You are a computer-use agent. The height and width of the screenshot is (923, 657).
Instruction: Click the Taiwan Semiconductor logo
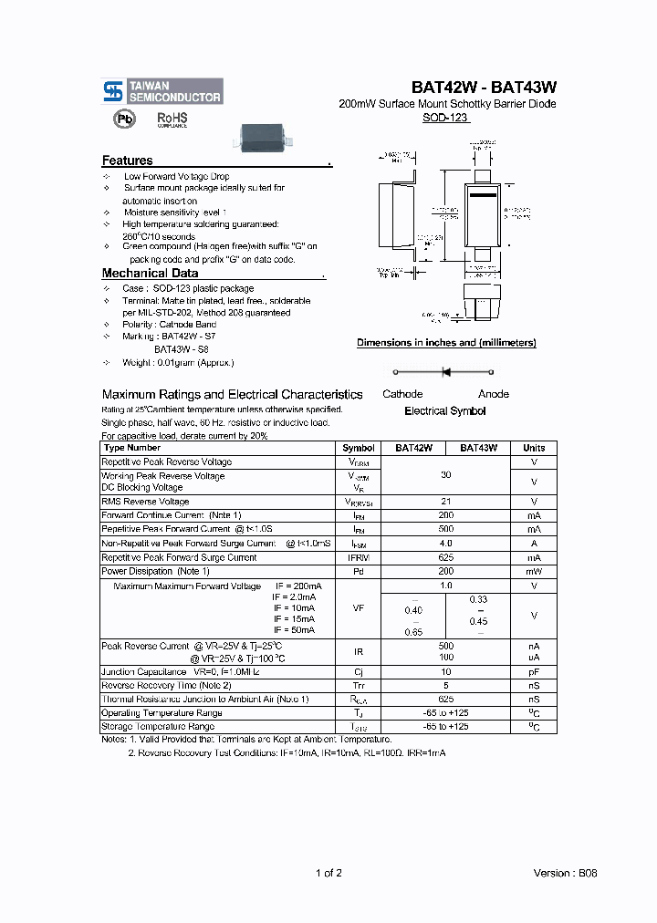tap(162, 90)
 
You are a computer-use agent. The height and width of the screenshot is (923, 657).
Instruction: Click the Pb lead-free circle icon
tap(123, 119)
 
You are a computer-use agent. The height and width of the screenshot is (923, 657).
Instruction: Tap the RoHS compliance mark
tap(172, 119)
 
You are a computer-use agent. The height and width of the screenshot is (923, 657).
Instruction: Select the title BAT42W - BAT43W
tap(484, 88)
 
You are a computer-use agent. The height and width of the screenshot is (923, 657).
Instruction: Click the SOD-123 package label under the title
tap(445, 118)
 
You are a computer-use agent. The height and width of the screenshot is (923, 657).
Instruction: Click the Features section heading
tap(128, 161)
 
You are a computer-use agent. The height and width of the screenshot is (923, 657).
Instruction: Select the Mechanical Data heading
tap(150, 273)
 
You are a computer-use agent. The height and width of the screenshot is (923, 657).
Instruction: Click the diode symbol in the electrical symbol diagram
tap(446, 371)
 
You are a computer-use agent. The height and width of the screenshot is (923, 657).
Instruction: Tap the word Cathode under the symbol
tap(402, 394)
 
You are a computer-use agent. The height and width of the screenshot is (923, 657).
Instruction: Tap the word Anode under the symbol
tap(494, 394)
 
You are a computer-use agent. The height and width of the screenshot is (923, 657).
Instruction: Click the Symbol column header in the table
tap(358, 448)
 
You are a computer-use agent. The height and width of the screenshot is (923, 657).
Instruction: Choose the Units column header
tap(534, 448)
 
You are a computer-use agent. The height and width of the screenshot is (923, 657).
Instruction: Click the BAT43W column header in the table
tap(478, 448)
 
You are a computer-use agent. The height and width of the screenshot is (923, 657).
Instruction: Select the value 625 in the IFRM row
tap(446, 557)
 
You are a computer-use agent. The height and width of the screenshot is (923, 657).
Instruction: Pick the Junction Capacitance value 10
tap(446, 671)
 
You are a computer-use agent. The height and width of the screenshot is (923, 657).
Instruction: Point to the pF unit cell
tap(534, 671)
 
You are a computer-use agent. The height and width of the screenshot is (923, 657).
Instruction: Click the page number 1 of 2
tap(328, 873)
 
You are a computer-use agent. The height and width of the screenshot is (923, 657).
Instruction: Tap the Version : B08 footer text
tap(565, 873)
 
